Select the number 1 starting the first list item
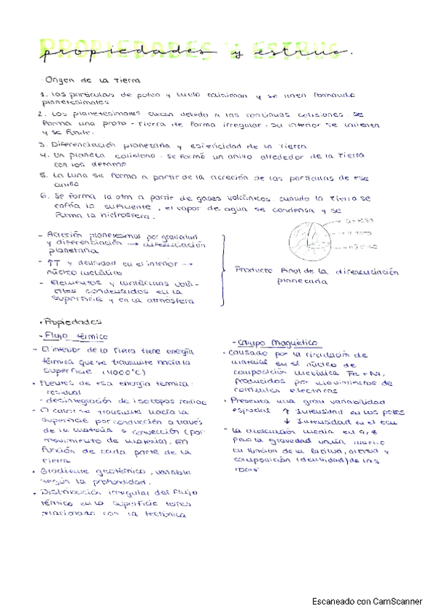pos(44,95)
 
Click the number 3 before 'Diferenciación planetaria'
pos(44,144)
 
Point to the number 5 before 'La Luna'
pos(44,175)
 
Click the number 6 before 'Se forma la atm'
pos(44,196)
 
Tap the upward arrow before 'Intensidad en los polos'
pos(288,410)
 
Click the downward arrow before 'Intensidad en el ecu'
pos(288,420)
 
